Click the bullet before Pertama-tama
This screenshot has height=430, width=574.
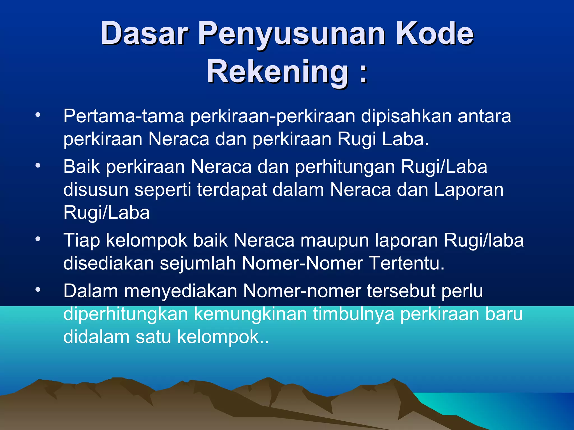tap(38, 114)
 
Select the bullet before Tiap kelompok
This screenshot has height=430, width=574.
tap(38, 239)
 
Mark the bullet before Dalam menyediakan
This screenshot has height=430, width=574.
tap(38, 289)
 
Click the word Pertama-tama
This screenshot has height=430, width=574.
tap(124, 116)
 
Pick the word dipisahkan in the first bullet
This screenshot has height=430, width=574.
tap(406, 116)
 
